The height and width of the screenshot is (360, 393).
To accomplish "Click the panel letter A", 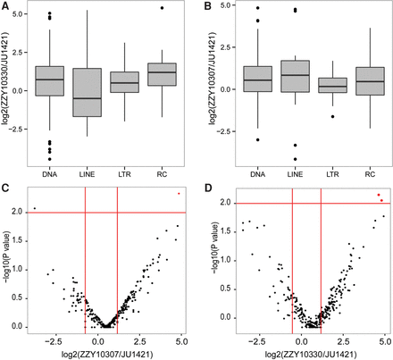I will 5,6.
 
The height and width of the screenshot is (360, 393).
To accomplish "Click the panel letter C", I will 5,186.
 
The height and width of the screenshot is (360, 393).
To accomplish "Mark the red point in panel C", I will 179,193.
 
